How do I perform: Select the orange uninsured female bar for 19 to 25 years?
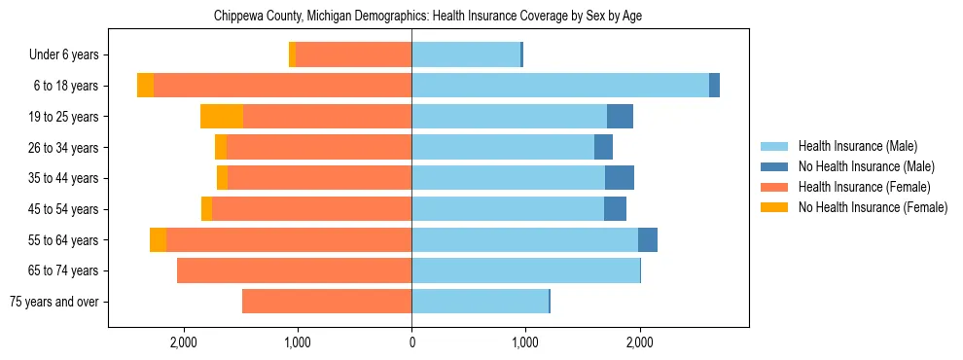click(x=222, y=117)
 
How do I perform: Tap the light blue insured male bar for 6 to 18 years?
click(x=560, y=86)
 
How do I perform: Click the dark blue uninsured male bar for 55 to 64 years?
click(x=648, y=239)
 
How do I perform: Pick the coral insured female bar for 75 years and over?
click(x=327, y=302)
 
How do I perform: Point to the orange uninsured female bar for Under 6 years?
click(x=292, y=54)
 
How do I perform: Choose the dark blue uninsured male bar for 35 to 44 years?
click(x=620, y=178)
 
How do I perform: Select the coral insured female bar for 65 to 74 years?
click(x=294, y=270)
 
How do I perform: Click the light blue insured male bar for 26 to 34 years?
click(x=503, y=147)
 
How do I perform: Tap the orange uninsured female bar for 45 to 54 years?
click(x=206, y=209)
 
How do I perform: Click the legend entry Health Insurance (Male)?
click(x=857, y=146)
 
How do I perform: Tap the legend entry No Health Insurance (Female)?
click(x=873, y=207)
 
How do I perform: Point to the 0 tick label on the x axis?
click(x=411, y=342)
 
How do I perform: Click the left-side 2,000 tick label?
click(x=184, y=342)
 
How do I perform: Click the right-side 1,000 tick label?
click(x=525, y=342)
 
